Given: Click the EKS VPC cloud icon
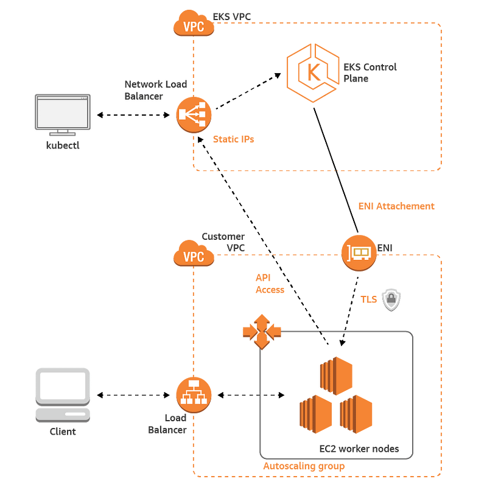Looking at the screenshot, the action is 194,23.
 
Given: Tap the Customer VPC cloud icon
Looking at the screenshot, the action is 194,253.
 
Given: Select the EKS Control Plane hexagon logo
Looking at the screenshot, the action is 313,73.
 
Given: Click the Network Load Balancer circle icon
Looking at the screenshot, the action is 194,114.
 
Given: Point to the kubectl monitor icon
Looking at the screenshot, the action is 63,115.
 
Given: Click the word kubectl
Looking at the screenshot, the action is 63,145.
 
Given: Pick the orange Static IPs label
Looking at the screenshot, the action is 234,139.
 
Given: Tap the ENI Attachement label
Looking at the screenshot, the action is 396,206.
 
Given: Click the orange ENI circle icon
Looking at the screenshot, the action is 359,253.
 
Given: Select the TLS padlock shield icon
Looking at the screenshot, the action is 391,300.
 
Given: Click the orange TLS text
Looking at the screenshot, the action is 369,300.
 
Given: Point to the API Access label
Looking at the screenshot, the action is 270,284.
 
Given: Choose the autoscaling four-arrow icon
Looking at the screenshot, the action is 262,332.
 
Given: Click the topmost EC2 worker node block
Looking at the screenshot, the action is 336,376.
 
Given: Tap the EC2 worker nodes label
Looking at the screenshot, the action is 359,449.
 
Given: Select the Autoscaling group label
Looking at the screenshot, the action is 304,466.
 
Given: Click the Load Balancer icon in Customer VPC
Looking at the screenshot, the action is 194,395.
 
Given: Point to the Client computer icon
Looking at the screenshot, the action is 63,395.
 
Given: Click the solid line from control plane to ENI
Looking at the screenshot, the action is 336,170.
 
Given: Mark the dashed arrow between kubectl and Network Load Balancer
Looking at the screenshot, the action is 133,115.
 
